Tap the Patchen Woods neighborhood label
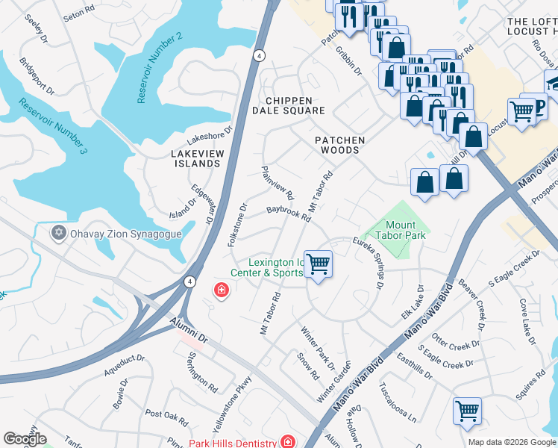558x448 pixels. tap(339, 145)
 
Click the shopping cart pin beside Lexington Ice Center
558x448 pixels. tap(319, 264)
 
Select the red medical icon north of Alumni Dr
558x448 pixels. tap(221, 290)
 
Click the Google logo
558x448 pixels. tap(24, 439)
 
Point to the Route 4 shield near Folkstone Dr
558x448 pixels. tap(191, 281)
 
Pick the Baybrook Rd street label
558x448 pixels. tap(288, 214)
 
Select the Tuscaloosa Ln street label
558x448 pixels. tap(397, 403)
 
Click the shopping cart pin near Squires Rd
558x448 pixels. tap(467, 411)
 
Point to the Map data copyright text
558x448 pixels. tap(511, 442)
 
